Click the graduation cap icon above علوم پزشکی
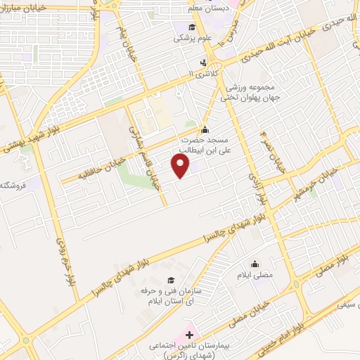(x=191, y=27)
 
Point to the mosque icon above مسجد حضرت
(x=205, y=130)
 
